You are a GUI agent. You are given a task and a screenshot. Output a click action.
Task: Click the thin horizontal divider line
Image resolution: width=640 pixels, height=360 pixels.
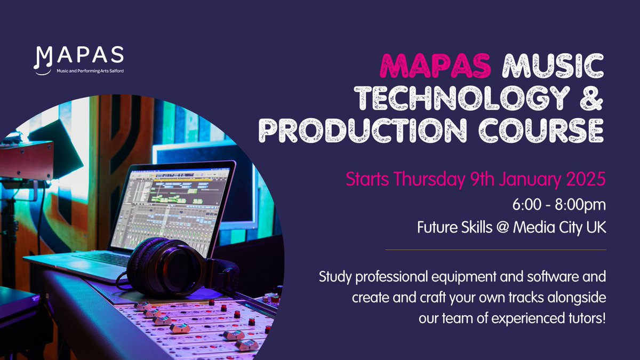[495, 250]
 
